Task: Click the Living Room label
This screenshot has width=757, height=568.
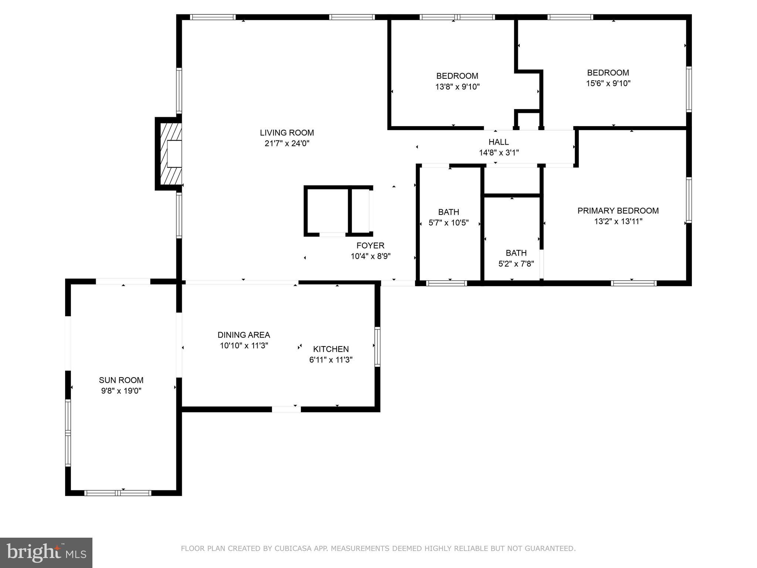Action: [287, 133]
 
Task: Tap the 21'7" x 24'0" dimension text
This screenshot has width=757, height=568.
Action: [287, 143]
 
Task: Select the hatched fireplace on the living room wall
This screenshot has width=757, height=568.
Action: [169, 154]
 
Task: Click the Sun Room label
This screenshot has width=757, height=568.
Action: [121, 380]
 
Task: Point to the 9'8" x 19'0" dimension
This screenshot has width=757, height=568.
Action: [121, 391]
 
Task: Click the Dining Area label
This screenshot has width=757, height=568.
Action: [244, 335]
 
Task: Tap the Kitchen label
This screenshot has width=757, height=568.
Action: [331, 349]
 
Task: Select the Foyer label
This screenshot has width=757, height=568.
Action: [370, 246]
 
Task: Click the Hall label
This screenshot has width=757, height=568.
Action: [499, 142]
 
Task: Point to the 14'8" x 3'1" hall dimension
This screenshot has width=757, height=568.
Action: [499, 153]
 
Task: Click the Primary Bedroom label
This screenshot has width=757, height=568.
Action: [618, 211]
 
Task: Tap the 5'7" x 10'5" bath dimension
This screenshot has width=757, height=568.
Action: [448, 223]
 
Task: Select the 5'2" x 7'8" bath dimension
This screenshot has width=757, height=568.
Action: [516, 264]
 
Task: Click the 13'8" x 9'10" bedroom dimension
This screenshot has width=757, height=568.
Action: [457, 87]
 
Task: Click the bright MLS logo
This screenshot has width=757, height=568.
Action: [46, 553]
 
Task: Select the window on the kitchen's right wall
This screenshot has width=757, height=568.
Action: [377, 346]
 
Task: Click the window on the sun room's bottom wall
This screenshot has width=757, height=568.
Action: [118, 493]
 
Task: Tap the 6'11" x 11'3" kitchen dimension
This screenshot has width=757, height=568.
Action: [331, 360]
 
